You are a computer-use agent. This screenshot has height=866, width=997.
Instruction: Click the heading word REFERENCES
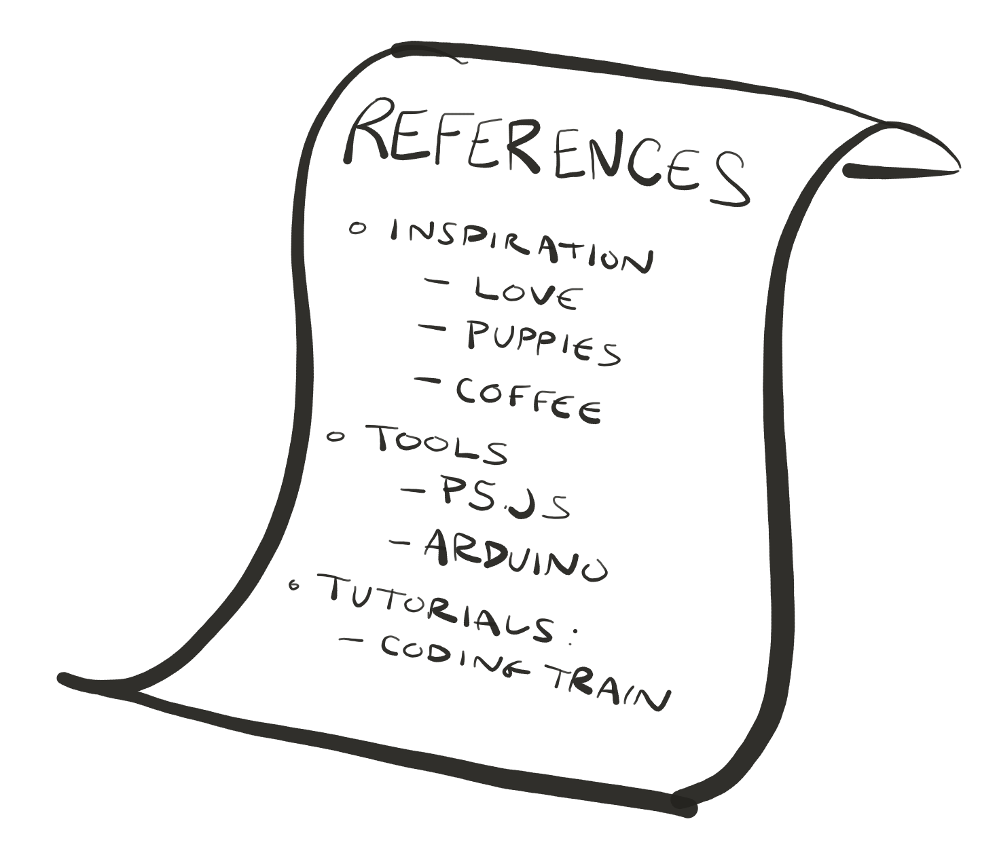pos(543,153)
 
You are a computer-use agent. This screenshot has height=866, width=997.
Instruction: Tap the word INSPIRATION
pos(520,248)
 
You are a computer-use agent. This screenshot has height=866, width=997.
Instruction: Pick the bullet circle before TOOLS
pos(334,436)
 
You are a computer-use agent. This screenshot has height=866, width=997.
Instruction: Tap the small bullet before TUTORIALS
pos(294,586)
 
